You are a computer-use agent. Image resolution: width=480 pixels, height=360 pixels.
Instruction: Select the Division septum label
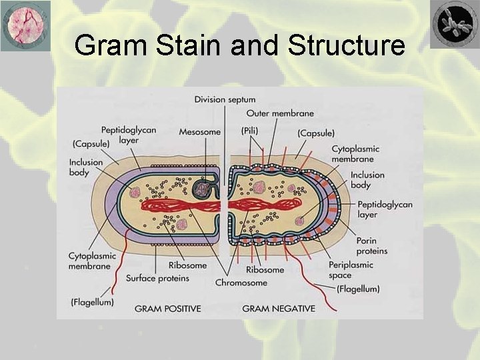[225, 99]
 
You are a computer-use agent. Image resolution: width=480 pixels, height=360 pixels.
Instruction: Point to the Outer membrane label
[280, 113]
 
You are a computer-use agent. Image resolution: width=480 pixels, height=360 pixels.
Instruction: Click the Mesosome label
[199, 132]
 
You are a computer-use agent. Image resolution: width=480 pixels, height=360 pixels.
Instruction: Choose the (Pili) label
[250, 131]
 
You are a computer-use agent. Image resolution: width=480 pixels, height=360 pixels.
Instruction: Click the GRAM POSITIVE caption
[167, 309]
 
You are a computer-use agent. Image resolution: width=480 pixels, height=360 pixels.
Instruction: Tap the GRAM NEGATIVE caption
[279, 309]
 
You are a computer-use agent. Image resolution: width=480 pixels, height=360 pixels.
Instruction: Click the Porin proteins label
[371, 246]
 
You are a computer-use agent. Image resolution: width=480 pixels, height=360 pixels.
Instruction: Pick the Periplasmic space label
[351, 270]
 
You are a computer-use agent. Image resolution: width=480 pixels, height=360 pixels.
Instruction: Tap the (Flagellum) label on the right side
[358, 289]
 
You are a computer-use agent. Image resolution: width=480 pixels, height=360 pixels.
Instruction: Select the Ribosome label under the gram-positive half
[187, 265]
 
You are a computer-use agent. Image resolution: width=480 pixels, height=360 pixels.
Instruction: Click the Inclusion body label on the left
[86, 167]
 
